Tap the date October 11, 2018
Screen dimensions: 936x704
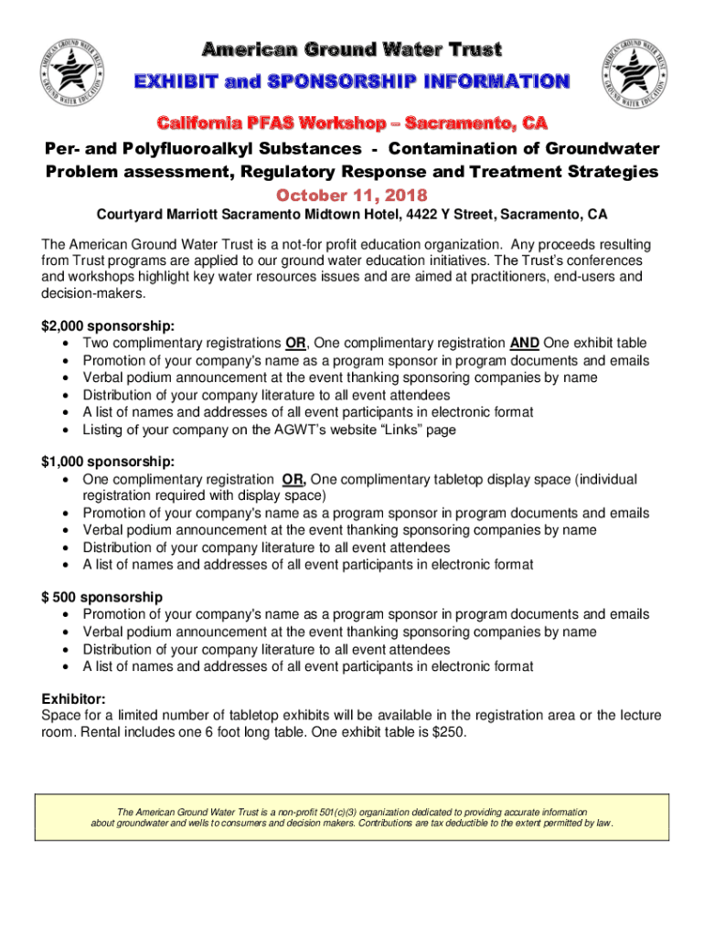(x=352, y=196)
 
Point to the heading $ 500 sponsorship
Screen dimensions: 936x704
(x=102, y=598)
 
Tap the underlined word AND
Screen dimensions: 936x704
(x=524, y=344)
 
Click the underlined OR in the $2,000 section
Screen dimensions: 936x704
(x=295, y=344)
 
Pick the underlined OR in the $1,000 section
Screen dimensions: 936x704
(x=293, y=480)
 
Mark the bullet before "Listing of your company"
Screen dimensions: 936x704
(x=69, y=429)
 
